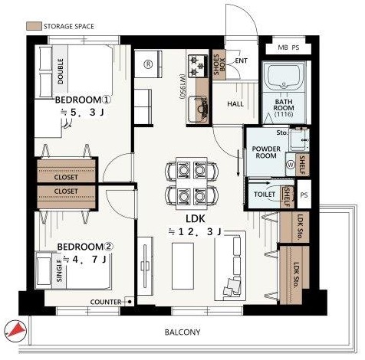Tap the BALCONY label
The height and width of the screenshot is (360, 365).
tap(182, 332)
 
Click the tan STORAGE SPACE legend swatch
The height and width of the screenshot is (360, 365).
tap(34, 26)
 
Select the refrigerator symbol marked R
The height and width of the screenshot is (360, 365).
tap(148, 64)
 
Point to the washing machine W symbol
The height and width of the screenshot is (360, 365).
tap(291, 165)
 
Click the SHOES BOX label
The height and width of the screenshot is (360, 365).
tap(219, 64)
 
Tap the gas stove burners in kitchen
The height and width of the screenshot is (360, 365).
tap(198, 66)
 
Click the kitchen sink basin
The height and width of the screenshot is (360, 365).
tap(197, 110)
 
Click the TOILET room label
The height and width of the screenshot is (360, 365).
tap(265, 195)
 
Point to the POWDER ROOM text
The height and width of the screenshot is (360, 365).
tap(266, 152)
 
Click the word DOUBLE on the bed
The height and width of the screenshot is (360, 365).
tap(61, 71)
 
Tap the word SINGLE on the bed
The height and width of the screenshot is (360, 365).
tap(59, 271)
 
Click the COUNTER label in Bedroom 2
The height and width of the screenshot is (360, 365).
tap(106, 302)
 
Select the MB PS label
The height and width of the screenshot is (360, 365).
tap(288, 47)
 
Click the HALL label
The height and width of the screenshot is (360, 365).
tap(235, 104)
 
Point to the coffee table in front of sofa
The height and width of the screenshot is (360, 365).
tap(182, 266)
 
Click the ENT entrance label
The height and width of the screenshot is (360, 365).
tap(241, 61)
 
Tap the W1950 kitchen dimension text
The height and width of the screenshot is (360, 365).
tap(182, 87)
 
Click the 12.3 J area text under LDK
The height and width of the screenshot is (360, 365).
tap(195, 232)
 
